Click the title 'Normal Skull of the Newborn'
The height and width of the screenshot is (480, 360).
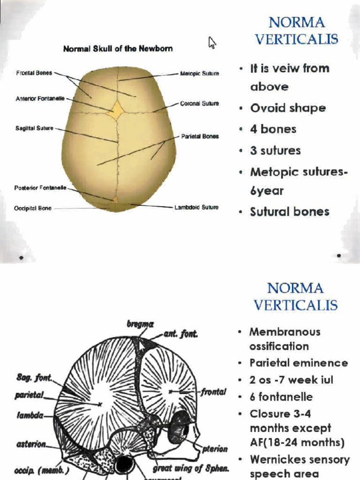tap(118, 48)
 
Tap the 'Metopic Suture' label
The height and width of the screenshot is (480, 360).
tap(199, 74)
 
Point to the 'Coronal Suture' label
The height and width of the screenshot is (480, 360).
tap(199, 104)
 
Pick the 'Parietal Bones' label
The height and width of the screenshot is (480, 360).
tap(200, 136)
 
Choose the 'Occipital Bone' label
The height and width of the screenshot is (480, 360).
tap(33, 208)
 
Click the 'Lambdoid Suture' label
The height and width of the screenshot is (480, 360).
tap(196, 207)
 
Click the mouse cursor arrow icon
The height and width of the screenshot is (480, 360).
tap(212, 43)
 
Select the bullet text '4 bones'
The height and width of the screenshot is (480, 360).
tap(273, 129)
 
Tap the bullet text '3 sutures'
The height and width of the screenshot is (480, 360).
tap(275, 150)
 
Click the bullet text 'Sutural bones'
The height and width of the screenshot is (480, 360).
tap(289, 211)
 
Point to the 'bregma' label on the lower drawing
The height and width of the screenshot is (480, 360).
tap(140, 324)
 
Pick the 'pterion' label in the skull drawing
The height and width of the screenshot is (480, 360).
tap(215, 449)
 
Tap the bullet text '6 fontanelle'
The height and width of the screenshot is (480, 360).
tap(281, 397)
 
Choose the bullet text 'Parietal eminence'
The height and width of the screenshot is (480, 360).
tap(299, 363)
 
